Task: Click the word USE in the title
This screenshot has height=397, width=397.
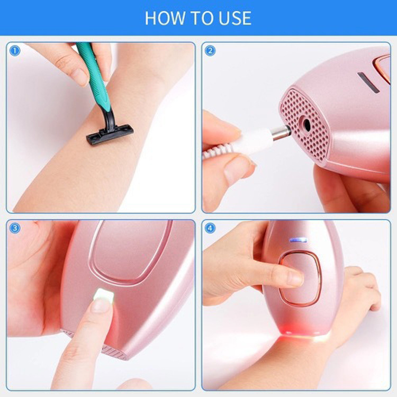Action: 232,17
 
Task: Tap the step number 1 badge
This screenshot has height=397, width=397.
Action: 15,51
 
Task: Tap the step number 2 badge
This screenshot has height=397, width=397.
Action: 210,51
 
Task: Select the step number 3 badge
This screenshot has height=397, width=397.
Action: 15,228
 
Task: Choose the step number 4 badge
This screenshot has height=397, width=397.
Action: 210,228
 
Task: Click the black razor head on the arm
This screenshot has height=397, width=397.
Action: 110,134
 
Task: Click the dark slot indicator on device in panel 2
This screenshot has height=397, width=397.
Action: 368,83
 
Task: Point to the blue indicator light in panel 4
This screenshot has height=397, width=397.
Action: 299,240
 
